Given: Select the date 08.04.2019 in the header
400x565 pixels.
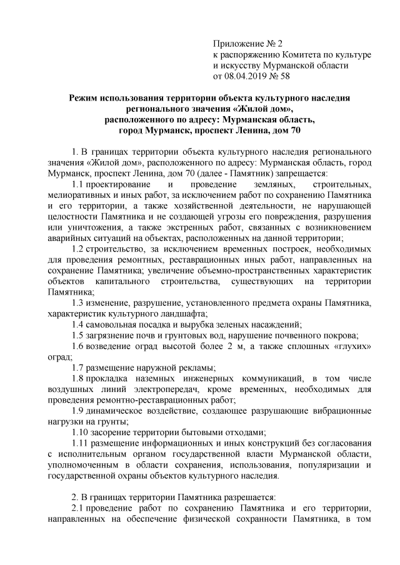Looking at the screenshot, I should tap(254, 76).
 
